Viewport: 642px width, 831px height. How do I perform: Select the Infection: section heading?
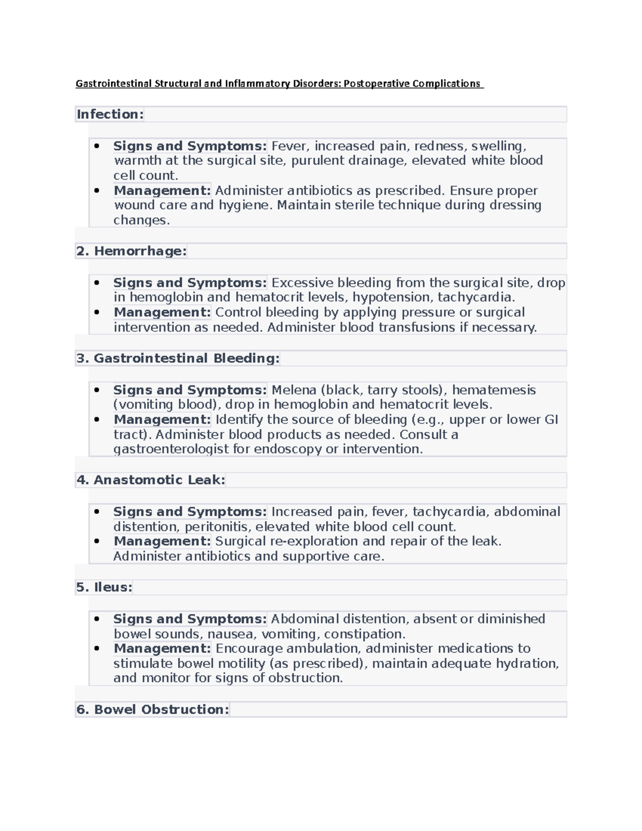coord(110,114)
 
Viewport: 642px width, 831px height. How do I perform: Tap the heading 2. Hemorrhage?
coord(132,251)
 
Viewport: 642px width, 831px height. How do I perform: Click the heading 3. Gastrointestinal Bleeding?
coord(178,358)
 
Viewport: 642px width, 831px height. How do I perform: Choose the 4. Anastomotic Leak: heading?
coord(151,480)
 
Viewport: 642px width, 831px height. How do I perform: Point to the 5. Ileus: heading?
coord(104,587)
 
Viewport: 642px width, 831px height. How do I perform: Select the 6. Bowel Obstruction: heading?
coord(153,710)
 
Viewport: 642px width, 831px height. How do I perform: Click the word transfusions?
coord(417,327)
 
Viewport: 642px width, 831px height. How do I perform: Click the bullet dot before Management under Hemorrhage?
coord(97,312)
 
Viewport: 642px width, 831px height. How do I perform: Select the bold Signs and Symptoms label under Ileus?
coord(190,619)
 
